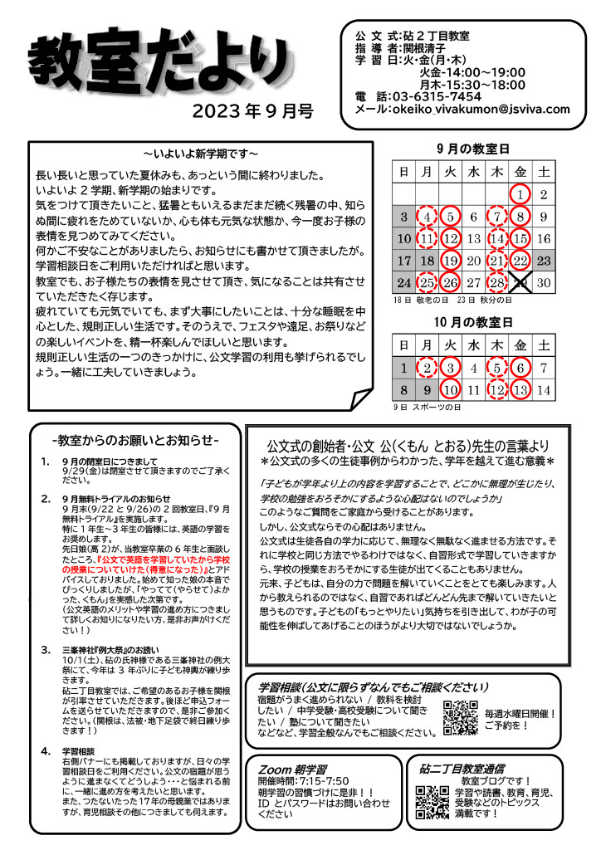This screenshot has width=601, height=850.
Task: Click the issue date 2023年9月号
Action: coord(253,112)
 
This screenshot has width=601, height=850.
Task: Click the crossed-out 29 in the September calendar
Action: coord(520,284)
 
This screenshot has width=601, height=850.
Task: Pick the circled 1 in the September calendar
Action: coord(520,195)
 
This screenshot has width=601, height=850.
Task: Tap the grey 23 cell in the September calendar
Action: coord(544,261)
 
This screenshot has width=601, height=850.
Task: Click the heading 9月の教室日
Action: coord(473,149)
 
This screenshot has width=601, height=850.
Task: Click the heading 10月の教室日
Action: coord(473,320)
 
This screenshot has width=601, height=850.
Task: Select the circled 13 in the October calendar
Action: coord(520,388)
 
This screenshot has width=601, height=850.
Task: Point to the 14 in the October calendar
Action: coord(544,388)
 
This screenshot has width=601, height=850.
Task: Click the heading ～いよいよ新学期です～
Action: coord(200,154)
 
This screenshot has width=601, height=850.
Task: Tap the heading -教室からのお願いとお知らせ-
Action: coord(135,439)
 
